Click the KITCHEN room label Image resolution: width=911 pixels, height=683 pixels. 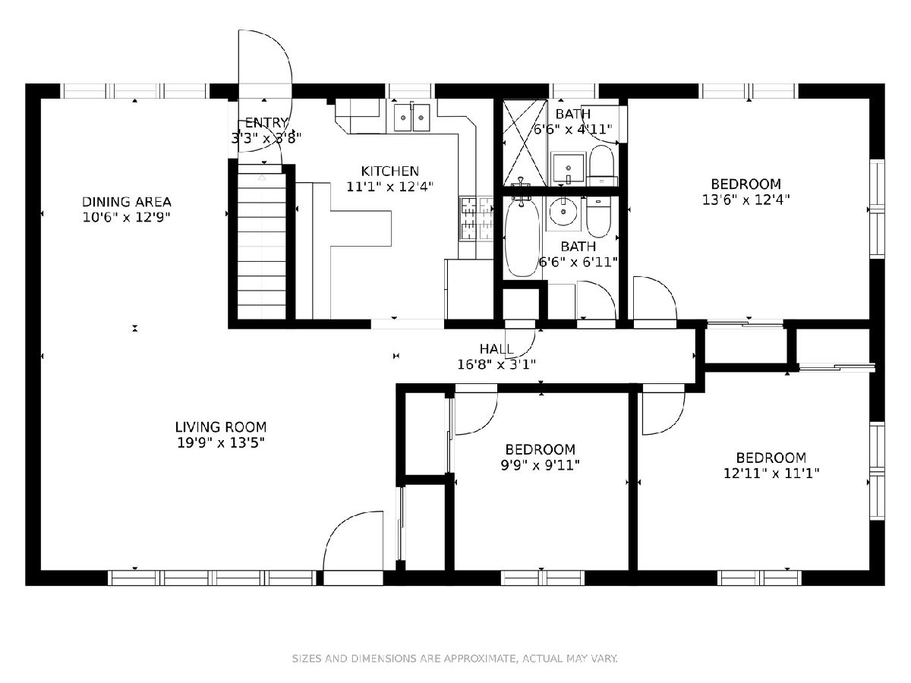pos(389,171)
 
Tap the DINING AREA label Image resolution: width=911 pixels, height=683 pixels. pos(127,202)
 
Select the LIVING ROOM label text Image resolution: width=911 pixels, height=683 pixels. pos(221,426)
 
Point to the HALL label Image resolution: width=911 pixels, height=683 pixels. pos(496,349)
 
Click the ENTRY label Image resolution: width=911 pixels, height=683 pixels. pos(266,123)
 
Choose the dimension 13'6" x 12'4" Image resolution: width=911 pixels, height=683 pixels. pos(746,200)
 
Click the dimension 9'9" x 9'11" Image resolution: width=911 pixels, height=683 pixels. pos(540,465)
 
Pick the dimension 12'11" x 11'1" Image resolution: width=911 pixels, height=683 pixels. pos(771,473)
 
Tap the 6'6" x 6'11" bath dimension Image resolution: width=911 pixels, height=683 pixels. pos(578,262)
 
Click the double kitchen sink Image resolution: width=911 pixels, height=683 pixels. pos(411,118)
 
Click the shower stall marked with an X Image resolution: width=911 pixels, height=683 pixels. pos(525,143)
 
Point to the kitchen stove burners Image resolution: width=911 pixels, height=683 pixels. pos(476,219)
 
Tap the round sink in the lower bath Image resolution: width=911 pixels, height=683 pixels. pos(563,212)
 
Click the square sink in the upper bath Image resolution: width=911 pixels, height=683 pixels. pos(568,168)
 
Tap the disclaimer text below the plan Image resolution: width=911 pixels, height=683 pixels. pos(455,658)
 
